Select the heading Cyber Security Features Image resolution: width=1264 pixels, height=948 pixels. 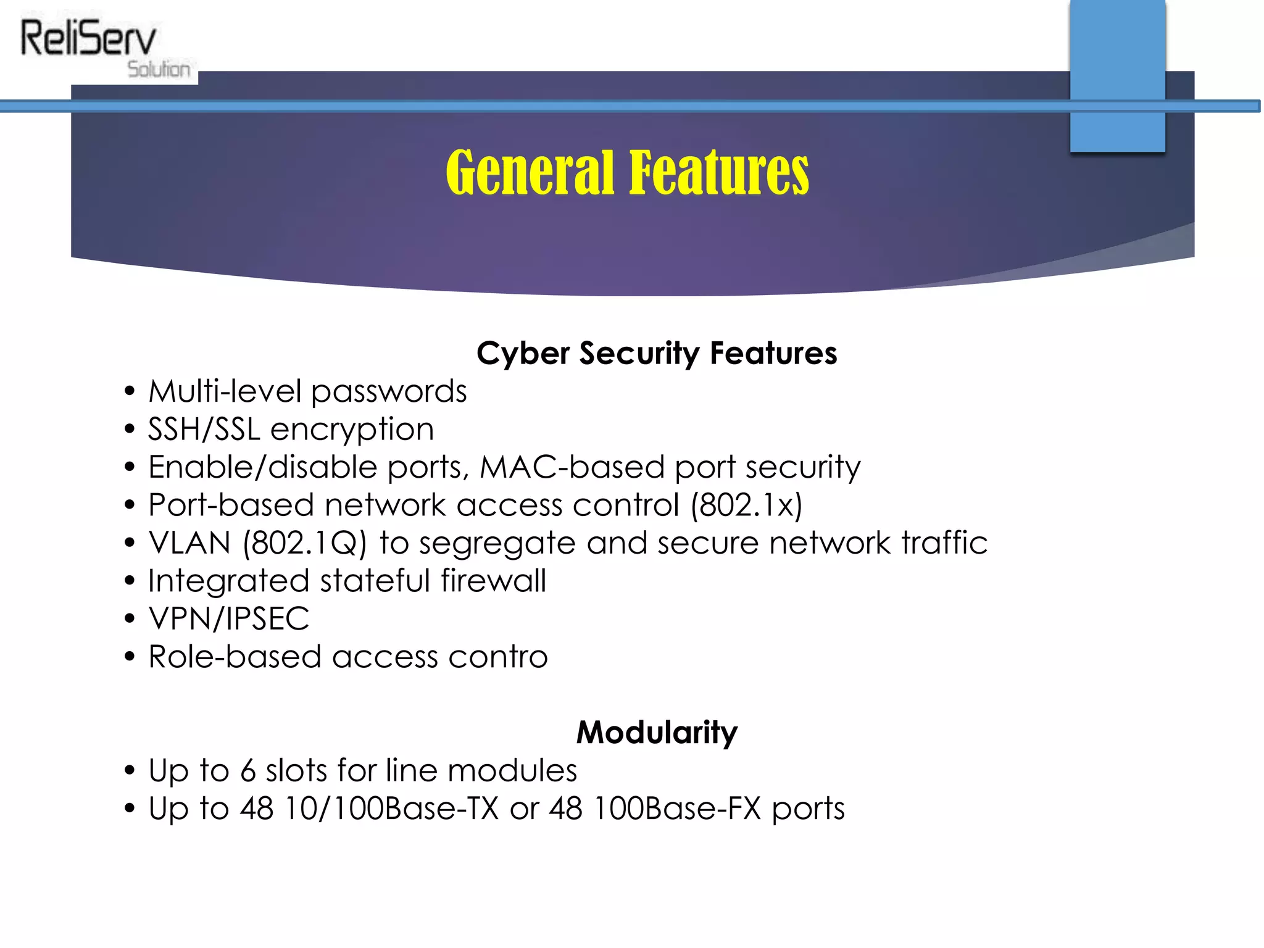tap(657, 353)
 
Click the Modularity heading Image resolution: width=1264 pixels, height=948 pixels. tap(657, 732)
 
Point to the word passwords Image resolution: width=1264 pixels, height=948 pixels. tap(389, 391)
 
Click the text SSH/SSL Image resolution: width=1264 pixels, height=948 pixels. tap(204, 429)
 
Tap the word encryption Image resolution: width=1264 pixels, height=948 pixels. tap(352, 430)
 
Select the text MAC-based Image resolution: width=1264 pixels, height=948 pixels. tap(572, 467)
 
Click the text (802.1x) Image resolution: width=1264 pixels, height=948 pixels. tap(746, 505)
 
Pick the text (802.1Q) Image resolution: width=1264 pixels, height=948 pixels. tap(305, 543)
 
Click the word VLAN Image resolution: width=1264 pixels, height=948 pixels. tap(189, 543)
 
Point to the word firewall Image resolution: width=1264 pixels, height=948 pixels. tap(493, 581)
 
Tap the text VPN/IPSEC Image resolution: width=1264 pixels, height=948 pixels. tap(229, 618)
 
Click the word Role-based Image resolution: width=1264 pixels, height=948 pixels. tap(235, 657)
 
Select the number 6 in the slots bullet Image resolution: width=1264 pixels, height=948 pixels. tap(248, 771)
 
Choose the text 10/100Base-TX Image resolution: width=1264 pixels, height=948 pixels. tap(391, 809)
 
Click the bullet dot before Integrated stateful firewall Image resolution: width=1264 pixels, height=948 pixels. tap(129, 581)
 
